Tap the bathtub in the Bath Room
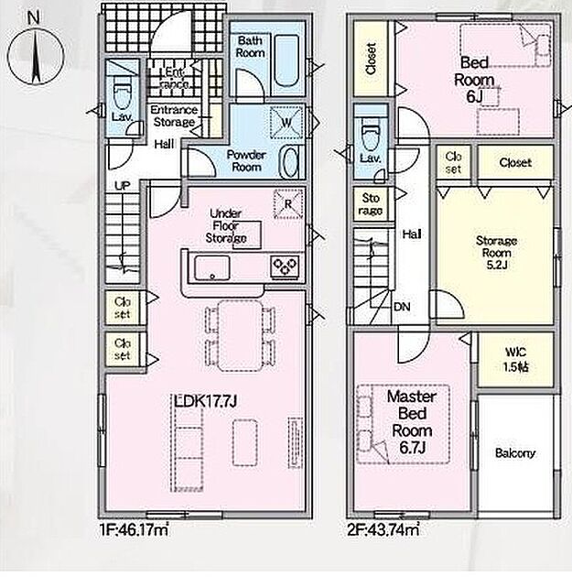point(286,60)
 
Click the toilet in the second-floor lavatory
point(370,137)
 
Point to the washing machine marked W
point(286,122)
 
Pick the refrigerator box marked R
point(288,203)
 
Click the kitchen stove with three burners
point(285,266)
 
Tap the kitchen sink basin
point(211,267)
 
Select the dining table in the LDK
point(240,335)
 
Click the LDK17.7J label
point(205,401)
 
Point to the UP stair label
point(123,186)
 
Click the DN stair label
point(402,307)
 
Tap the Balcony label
point(515,453)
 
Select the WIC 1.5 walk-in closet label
point(516,360)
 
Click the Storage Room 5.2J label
point(496,253)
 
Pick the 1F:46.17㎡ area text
point(134,530)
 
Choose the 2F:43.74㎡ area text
point(383,530)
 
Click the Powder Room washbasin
point(289,161)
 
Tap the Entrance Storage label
point(174,115)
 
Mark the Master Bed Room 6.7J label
point(412,422)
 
